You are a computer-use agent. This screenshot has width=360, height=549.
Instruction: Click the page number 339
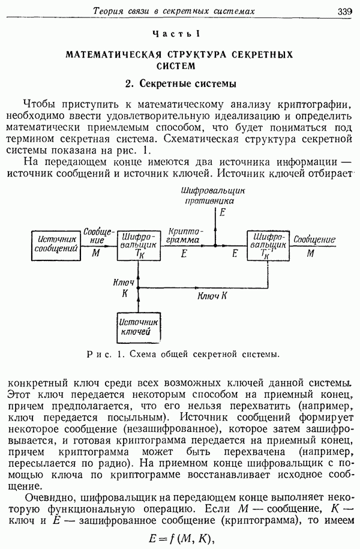click(x=344, y=11)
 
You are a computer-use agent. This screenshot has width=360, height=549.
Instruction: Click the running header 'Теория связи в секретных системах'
click(x=174, y=11)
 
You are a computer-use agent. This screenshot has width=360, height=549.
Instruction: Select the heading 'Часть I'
click(x=176, y=34)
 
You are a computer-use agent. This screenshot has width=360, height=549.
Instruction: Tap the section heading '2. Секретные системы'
click(x=181, y=84)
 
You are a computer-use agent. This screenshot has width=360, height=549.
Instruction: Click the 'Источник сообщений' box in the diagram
click(x=56, y=245)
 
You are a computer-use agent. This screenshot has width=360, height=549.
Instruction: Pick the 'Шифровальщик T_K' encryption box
click(x=139, y=245)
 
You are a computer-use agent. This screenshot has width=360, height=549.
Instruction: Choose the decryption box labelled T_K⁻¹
click(x=268, y=245)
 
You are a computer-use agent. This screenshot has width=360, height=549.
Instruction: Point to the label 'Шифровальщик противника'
click(x=212, y=196)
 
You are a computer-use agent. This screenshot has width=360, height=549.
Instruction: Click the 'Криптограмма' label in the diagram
click(x=184, y=236)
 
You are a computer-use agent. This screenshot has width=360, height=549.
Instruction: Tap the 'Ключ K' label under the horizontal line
click(x=212, y=296)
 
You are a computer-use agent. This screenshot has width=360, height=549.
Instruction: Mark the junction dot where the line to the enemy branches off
click(x=215, y=246)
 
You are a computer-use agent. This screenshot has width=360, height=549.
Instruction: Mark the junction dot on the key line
click(x=138, y=288)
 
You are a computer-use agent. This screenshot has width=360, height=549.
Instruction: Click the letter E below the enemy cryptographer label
click(x=222, y=212)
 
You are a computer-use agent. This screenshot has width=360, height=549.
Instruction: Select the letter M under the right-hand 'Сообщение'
click(x=310, y=253)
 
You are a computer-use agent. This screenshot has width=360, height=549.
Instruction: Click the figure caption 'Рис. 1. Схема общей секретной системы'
click(x=183, y=354)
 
